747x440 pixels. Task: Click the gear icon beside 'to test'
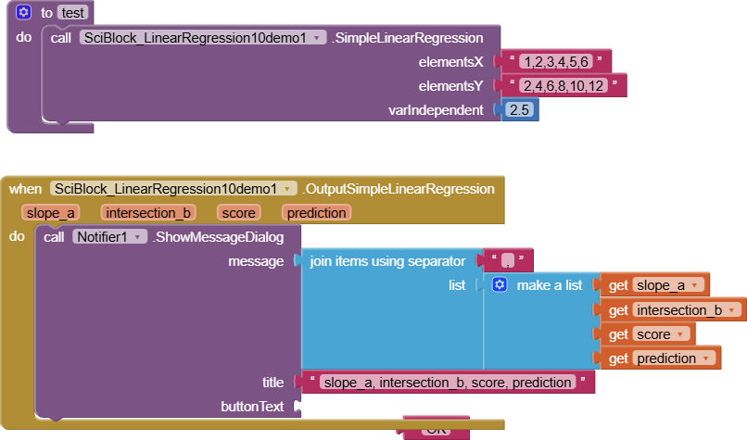click(24, 13)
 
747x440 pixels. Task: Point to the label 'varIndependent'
click(436, 110)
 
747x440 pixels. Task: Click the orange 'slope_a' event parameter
click(52, 213)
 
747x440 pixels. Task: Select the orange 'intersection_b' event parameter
click(148, 213)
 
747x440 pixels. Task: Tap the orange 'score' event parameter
click(238, 213)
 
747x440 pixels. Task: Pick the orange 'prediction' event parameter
click(316, 213)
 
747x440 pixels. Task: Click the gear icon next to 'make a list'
click(499, 285)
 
